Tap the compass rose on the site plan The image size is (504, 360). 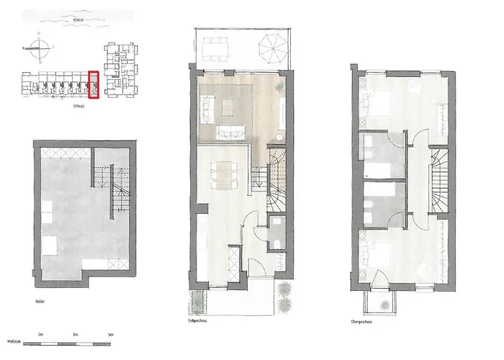click(44, 50)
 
